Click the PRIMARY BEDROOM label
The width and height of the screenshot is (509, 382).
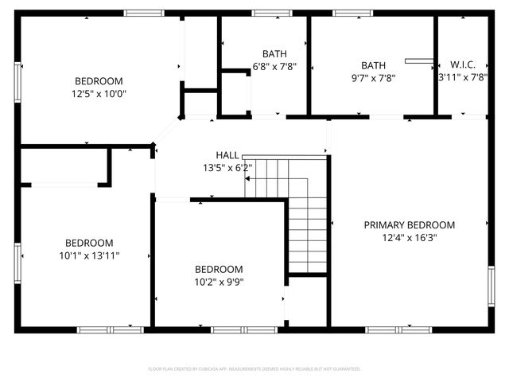pyautogui.click(x=409, y=225)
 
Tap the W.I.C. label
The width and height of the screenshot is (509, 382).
pyautogui.click(x=463, y=64)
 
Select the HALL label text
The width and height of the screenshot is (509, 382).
pyautogui.click(x=227, y=155)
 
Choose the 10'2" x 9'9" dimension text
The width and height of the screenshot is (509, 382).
pyautogui.click(x=219, y=282)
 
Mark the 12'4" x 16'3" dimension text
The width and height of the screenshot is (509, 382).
pyautogui.click(x=409, y=237)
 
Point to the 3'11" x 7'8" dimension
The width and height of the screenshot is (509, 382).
pyautogui.click(x=462, y=78)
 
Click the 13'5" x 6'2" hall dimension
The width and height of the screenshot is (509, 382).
pyautogui.click(x=227, y=168)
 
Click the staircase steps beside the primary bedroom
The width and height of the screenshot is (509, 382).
pyautogui.click(x=306, y=215)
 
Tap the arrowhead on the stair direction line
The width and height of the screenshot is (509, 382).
pyautogui.click(x=247, y=179)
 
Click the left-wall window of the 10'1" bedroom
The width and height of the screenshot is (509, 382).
pyautogui.click(x=17, y=263)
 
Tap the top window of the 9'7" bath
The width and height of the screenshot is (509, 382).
pyautogui.click(x=348, y=13)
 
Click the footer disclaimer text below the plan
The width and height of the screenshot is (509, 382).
pyautogui.click(x=254, y=369)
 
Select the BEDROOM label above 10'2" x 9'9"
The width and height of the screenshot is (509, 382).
pyautogui.click(x=219, y=269)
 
